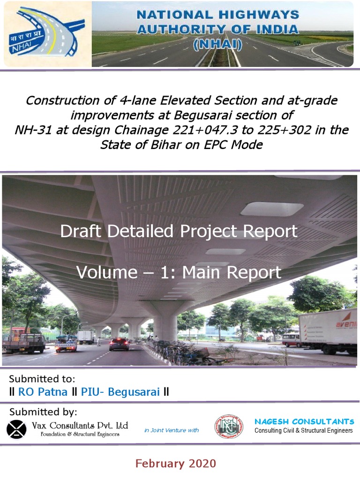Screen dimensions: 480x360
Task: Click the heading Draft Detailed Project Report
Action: coord(179,231)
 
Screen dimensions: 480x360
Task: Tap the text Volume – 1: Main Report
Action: coord(179,272)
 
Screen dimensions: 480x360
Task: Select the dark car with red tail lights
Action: coord(119,344)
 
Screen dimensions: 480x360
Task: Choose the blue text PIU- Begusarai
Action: coord(120,392)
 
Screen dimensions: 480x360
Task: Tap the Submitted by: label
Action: coord(43,412)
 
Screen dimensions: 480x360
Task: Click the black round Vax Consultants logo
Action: coord(17,429)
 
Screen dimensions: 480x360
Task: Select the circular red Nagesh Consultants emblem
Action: coord(229,427)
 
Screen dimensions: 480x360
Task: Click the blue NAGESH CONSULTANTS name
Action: coord(304,421)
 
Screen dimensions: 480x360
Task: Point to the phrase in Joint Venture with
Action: coord(172,430)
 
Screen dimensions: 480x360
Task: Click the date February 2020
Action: coord(176,464)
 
